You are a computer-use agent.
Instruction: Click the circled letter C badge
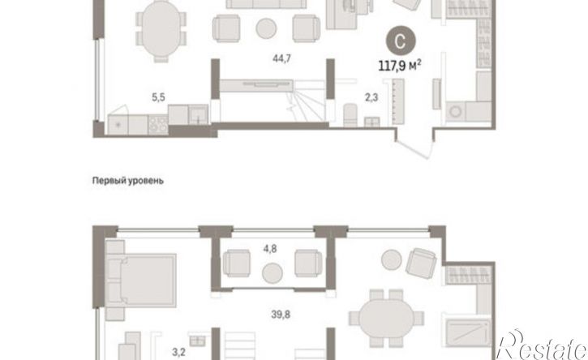tap(401, 41)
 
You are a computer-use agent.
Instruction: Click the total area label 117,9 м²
tap(399, 66)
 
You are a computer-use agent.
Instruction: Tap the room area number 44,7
tap(281, 58)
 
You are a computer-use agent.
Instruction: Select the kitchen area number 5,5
tap(158, 97)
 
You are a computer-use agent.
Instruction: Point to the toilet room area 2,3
tap(371, 97)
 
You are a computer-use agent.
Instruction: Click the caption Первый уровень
tap(128, 181)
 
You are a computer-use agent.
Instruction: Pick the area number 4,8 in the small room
tap(269, 248)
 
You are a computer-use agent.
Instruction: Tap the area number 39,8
tap(281, 315)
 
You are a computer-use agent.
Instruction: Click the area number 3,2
tap(178, 352)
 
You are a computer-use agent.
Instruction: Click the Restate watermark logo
tap(542, 345)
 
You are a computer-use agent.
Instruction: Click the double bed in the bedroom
tap(141, 280)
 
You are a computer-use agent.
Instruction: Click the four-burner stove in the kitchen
tap(158, 125)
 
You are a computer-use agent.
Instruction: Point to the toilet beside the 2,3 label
tap(350, 114)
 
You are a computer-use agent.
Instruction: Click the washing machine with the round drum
tap(456, 112)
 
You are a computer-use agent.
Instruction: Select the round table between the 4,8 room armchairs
tap(273, 273)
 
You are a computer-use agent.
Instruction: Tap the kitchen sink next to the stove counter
tap(198, 114)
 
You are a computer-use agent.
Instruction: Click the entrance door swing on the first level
tap(414, 145)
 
